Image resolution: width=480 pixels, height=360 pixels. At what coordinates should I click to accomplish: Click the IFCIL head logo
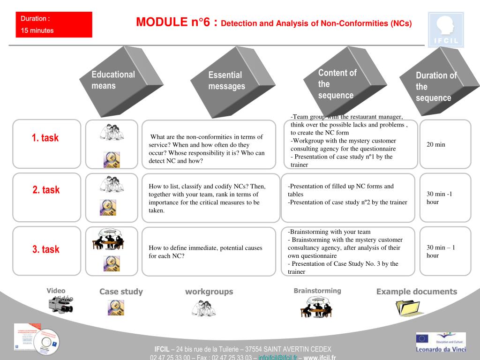446,30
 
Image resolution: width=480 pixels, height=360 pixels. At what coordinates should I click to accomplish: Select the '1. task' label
45,138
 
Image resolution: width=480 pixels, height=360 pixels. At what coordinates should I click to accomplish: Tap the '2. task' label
46,190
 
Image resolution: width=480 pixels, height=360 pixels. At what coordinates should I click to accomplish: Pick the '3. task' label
46,249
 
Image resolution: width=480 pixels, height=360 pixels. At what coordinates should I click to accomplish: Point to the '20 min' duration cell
436,144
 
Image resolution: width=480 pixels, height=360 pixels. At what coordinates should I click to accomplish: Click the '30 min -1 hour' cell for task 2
439,198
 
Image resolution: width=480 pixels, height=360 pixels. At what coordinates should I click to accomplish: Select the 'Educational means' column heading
113,80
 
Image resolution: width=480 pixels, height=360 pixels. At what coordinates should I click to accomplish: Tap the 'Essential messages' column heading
226,81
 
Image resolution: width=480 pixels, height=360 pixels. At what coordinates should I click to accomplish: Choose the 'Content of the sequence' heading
337,84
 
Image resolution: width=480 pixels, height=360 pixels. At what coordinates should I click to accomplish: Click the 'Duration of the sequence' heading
435,86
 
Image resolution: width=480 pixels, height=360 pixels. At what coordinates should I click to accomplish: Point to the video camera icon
60,306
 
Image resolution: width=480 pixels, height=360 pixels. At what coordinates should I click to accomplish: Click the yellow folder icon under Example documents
410,307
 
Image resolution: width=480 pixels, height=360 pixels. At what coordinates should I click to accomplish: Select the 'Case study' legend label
121,292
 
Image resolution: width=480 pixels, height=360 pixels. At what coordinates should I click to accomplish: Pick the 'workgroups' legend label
209,292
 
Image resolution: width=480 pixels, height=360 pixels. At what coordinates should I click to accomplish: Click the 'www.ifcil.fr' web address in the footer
320,358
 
